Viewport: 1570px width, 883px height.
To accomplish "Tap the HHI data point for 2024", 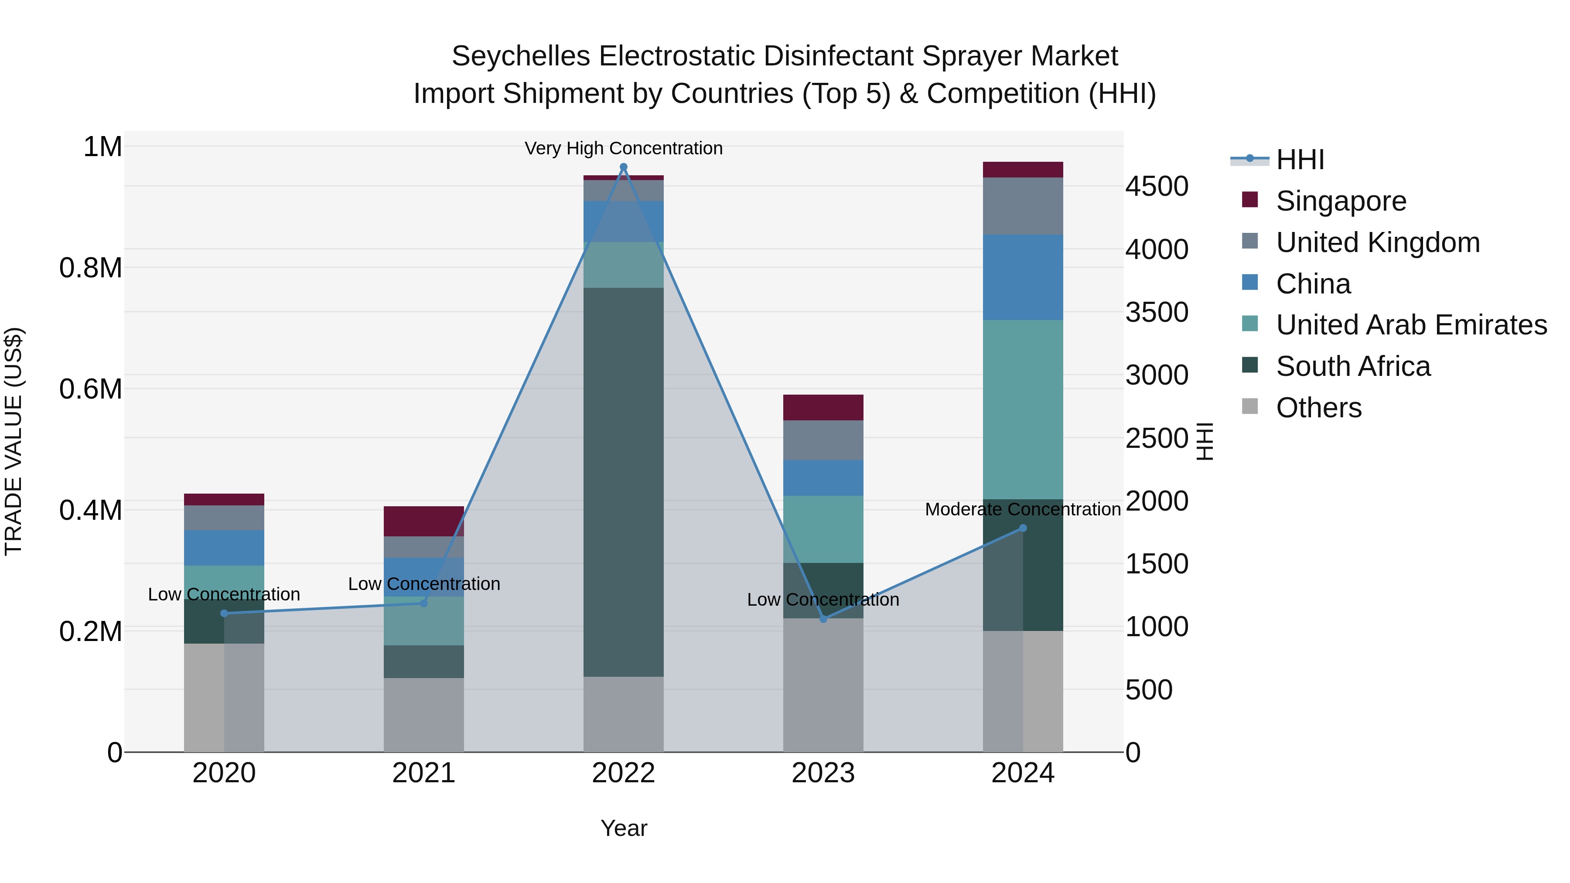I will point(1023,528).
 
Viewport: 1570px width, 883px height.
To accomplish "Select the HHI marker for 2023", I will point(823,619).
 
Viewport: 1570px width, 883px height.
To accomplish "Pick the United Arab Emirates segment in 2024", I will point(1023,409).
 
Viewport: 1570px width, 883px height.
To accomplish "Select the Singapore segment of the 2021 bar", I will point(423,521).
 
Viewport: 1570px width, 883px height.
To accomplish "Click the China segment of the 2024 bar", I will point(1023,277).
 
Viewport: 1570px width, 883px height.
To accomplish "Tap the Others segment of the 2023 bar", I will point(823,685).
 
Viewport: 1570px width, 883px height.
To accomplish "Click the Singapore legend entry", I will point(1341,201).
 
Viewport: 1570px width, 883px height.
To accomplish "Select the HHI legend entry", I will point(1300,160).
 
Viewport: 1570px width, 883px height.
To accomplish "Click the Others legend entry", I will point(1318,408).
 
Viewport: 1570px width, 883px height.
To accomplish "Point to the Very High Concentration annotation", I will point(624,148).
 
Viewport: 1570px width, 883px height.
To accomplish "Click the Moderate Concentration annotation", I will point(1023,509).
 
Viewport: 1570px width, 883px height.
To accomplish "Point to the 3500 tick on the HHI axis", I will point(1156,312).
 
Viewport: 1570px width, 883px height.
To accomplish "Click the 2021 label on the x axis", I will point(423,773).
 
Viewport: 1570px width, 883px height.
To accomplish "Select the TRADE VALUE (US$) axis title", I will point(14,441).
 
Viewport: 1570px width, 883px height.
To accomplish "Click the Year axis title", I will point(624,828).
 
